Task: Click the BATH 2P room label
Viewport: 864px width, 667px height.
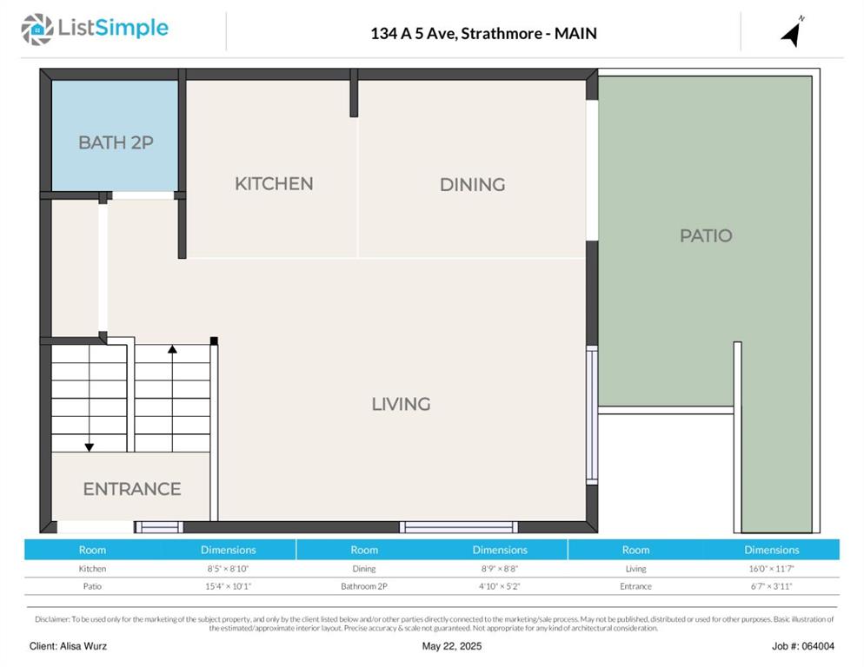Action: pyautogui.click(x=116, y=142)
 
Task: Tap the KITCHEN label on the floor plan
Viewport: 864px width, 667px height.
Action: pyautogui.click(x=274, y=184)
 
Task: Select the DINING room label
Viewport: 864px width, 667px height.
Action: pyautogui.click(x=472, y=184)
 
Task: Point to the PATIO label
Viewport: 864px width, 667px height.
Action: pyautogui.click(x=706, y=235)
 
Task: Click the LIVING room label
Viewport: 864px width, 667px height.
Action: pyautogui.click(x=402, y=404)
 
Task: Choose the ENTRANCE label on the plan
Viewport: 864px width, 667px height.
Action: pyautogui.click(x=132, y=489)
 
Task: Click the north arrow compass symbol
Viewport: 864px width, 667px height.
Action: pyautogui.click(x=793, y=32)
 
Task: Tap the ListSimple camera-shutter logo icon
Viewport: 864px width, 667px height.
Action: pyautogui.click(x=37, y=30)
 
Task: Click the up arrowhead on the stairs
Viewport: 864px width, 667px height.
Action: pyautogui.click(x=172, y=349)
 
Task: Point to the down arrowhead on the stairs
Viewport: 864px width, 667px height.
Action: pyautogui.click(x=90, y=447)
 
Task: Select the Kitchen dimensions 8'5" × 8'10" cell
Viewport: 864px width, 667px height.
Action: pyautogui.click(x=228, y=569)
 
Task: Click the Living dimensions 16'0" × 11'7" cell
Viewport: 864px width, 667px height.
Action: pyautogui.click(x=772, y=569)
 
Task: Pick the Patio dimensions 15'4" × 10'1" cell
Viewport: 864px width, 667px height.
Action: pyautogui.click(x=228, y=586)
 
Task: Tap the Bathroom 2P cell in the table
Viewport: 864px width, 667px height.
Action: pyautogui.click(x=364, y=586)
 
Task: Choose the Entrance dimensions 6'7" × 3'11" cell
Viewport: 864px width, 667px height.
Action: pyautogui.click(x=772, y=586)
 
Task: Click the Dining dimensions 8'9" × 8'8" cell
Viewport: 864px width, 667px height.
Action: pyautogui.click(x=500, y=569)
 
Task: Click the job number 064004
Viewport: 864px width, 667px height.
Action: pyautogui.click(x=818, y=646)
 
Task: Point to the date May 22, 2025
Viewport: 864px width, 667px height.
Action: pyautogui.click(x=452, y=646)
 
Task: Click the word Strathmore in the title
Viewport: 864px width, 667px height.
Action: pyautogui.click(x=502, y=34)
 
